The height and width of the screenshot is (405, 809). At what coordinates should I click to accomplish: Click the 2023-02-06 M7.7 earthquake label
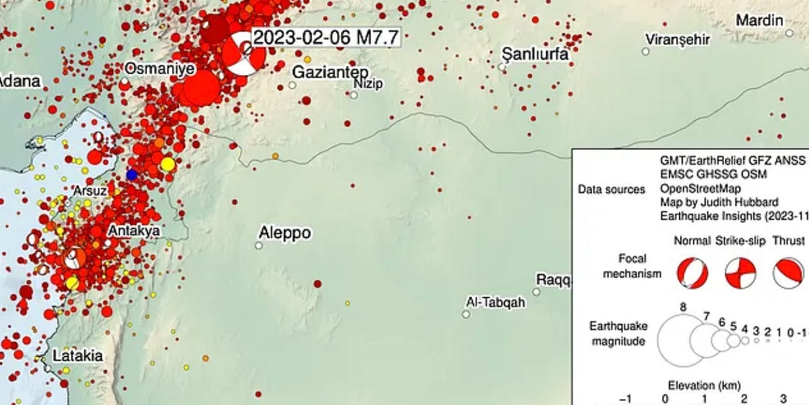coord(326,38)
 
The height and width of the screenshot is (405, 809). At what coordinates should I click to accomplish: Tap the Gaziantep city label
coord(325,72)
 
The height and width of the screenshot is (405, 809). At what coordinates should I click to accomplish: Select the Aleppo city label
coord(285,234)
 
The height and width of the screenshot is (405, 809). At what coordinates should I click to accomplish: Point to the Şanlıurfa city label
coord(535,54)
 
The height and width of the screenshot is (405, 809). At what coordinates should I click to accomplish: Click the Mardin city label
coord(759,20)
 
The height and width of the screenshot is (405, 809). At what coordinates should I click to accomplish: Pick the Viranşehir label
coord(678,39)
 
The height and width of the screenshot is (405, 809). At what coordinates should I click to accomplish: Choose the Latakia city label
coord(78,355)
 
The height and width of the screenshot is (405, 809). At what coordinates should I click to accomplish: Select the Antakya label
coord(133,231)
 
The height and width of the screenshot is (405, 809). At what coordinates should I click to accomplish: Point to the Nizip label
coord(367,83)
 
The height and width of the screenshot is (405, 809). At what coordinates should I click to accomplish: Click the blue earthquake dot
coord(131,175)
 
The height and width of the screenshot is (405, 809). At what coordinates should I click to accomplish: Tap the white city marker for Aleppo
coord(258,246)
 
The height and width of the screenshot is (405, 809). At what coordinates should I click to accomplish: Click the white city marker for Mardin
coord(789,32)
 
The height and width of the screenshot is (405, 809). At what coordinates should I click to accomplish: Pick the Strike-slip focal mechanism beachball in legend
coord(740,273)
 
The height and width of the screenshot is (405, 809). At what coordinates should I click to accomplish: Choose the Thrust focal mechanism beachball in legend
coord(788,273)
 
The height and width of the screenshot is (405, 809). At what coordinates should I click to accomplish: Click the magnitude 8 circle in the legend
coord(684,341)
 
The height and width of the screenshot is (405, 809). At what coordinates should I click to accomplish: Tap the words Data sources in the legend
coord(611,190)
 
